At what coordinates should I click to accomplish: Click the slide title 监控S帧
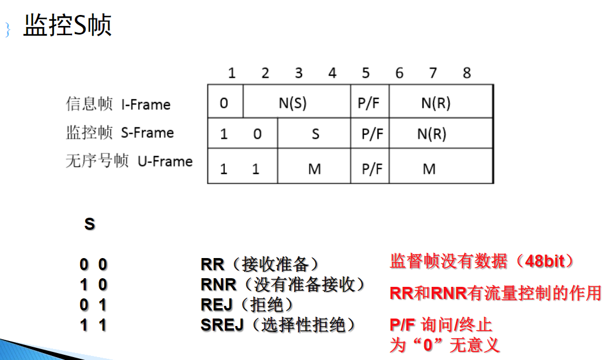[x=67, y=25]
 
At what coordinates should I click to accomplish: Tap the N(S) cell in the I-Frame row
[x=292, y=103]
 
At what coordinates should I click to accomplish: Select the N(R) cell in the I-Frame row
[x=436, y=103]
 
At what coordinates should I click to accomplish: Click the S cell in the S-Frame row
[x=315, y=134]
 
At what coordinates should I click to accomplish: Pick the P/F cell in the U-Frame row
[x=372, y=169]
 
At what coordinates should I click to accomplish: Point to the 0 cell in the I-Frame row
[x=224, y=103]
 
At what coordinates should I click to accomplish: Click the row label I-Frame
[x=146, y=105]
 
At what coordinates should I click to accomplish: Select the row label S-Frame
[x=147, y=133]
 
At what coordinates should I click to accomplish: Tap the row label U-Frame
[x=165, y=161]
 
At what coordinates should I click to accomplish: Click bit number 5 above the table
[x=366, y=73]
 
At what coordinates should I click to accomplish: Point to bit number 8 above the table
[x=467, y=73]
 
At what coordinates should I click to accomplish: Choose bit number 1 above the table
[x=232, y=73]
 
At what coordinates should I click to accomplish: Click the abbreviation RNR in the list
[x=218, y=285]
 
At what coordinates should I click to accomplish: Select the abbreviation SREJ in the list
[x=222, y=325]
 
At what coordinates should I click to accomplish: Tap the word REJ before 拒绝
[x=216, y=305]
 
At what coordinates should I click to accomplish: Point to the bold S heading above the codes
[x=89, y=224]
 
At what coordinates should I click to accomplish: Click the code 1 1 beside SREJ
[x=93, y=325]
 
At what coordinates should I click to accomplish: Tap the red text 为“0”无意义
[x=444, y=345]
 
